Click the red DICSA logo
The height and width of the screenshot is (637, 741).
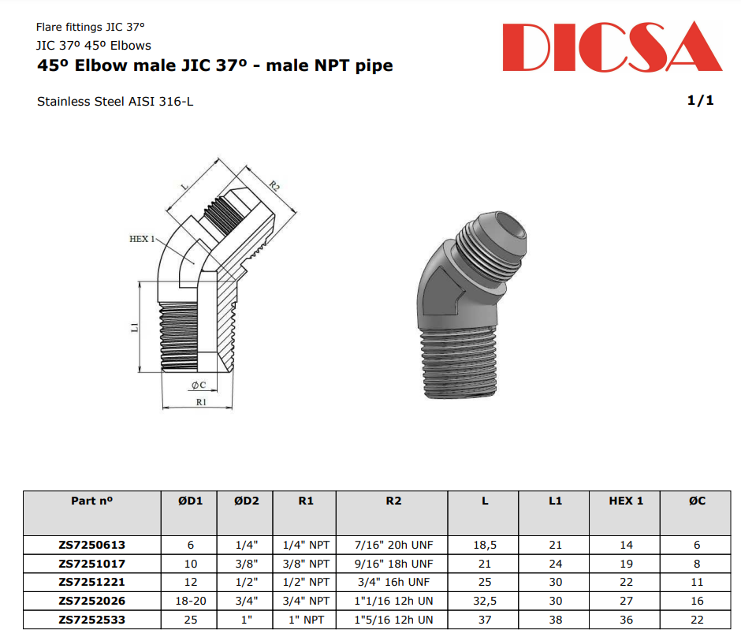[611, 48]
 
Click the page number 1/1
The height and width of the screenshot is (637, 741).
[700, 101]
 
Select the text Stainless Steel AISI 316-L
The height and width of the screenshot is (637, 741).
[115, 102]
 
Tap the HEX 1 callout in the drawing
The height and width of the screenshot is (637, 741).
[143, 238]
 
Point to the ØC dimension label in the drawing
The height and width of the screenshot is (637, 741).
[198, 385]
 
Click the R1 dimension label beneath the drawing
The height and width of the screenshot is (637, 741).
[200, 401]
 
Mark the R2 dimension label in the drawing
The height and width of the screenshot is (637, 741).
[274, 187]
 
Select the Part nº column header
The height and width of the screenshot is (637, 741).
[91, 501]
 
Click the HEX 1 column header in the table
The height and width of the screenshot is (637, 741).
[626, 501]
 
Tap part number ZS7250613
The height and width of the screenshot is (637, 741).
[91, 545]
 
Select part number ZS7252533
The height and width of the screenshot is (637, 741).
[91, 620]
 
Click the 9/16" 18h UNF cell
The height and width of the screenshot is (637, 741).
[393, 564]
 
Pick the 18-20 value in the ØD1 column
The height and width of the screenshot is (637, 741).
[189, 602]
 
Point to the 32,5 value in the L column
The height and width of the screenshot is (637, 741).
[484, 602]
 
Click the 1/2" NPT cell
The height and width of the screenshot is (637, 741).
[306, 583]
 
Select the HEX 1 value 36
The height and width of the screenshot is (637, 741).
[626, 620]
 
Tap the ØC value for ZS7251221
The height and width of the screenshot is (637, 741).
[697, 583]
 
